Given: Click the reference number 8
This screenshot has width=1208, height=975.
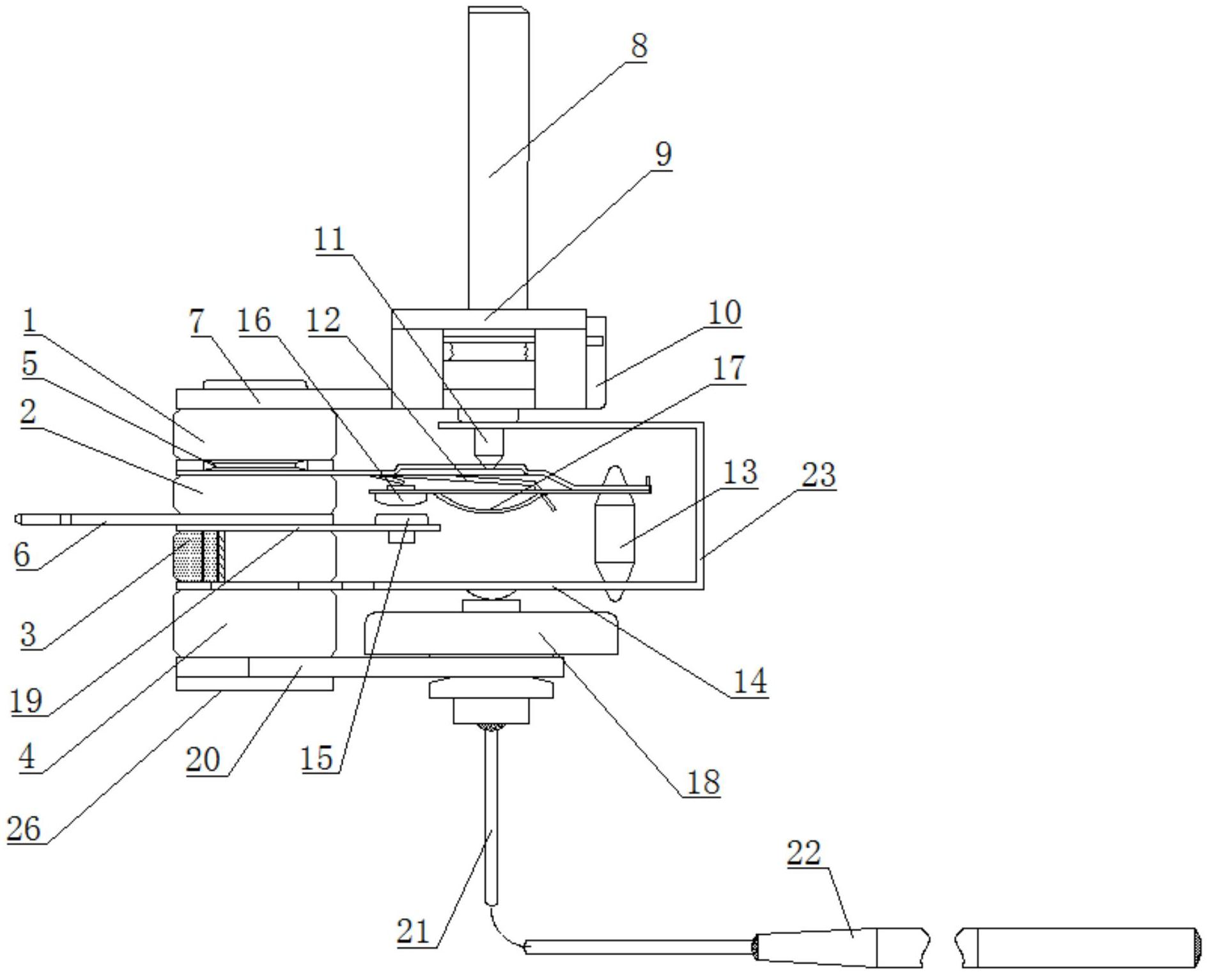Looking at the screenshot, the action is pyautogui.click(x=638, y=46).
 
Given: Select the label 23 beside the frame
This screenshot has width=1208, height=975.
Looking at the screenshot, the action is pyautogui.click(x=818, y=475).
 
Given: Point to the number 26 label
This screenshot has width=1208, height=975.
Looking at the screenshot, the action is pyautogui.click(x=24, y=829).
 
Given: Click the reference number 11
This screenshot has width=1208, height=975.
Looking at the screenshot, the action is pyautogui.click(x=330, y=240).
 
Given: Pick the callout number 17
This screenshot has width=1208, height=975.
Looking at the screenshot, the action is pyautogui.click(x=729, y=368).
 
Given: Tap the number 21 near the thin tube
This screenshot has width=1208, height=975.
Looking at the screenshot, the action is pyautogui.click(x=413, y=932).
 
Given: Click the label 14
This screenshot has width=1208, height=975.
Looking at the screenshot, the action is pyautogui.click(x=750, y=682).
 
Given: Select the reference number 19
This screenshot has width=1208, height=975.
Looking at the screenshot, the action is pyautogui.click(x=27, y=701).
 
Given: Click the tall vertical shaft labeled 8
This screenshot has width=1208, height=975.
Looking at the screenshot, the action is pyautogui.click(x=499, y=157).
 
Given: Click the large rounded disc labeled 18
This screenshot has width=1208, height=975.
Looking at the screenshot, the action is pyautogui.click(x=491, y=633).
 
